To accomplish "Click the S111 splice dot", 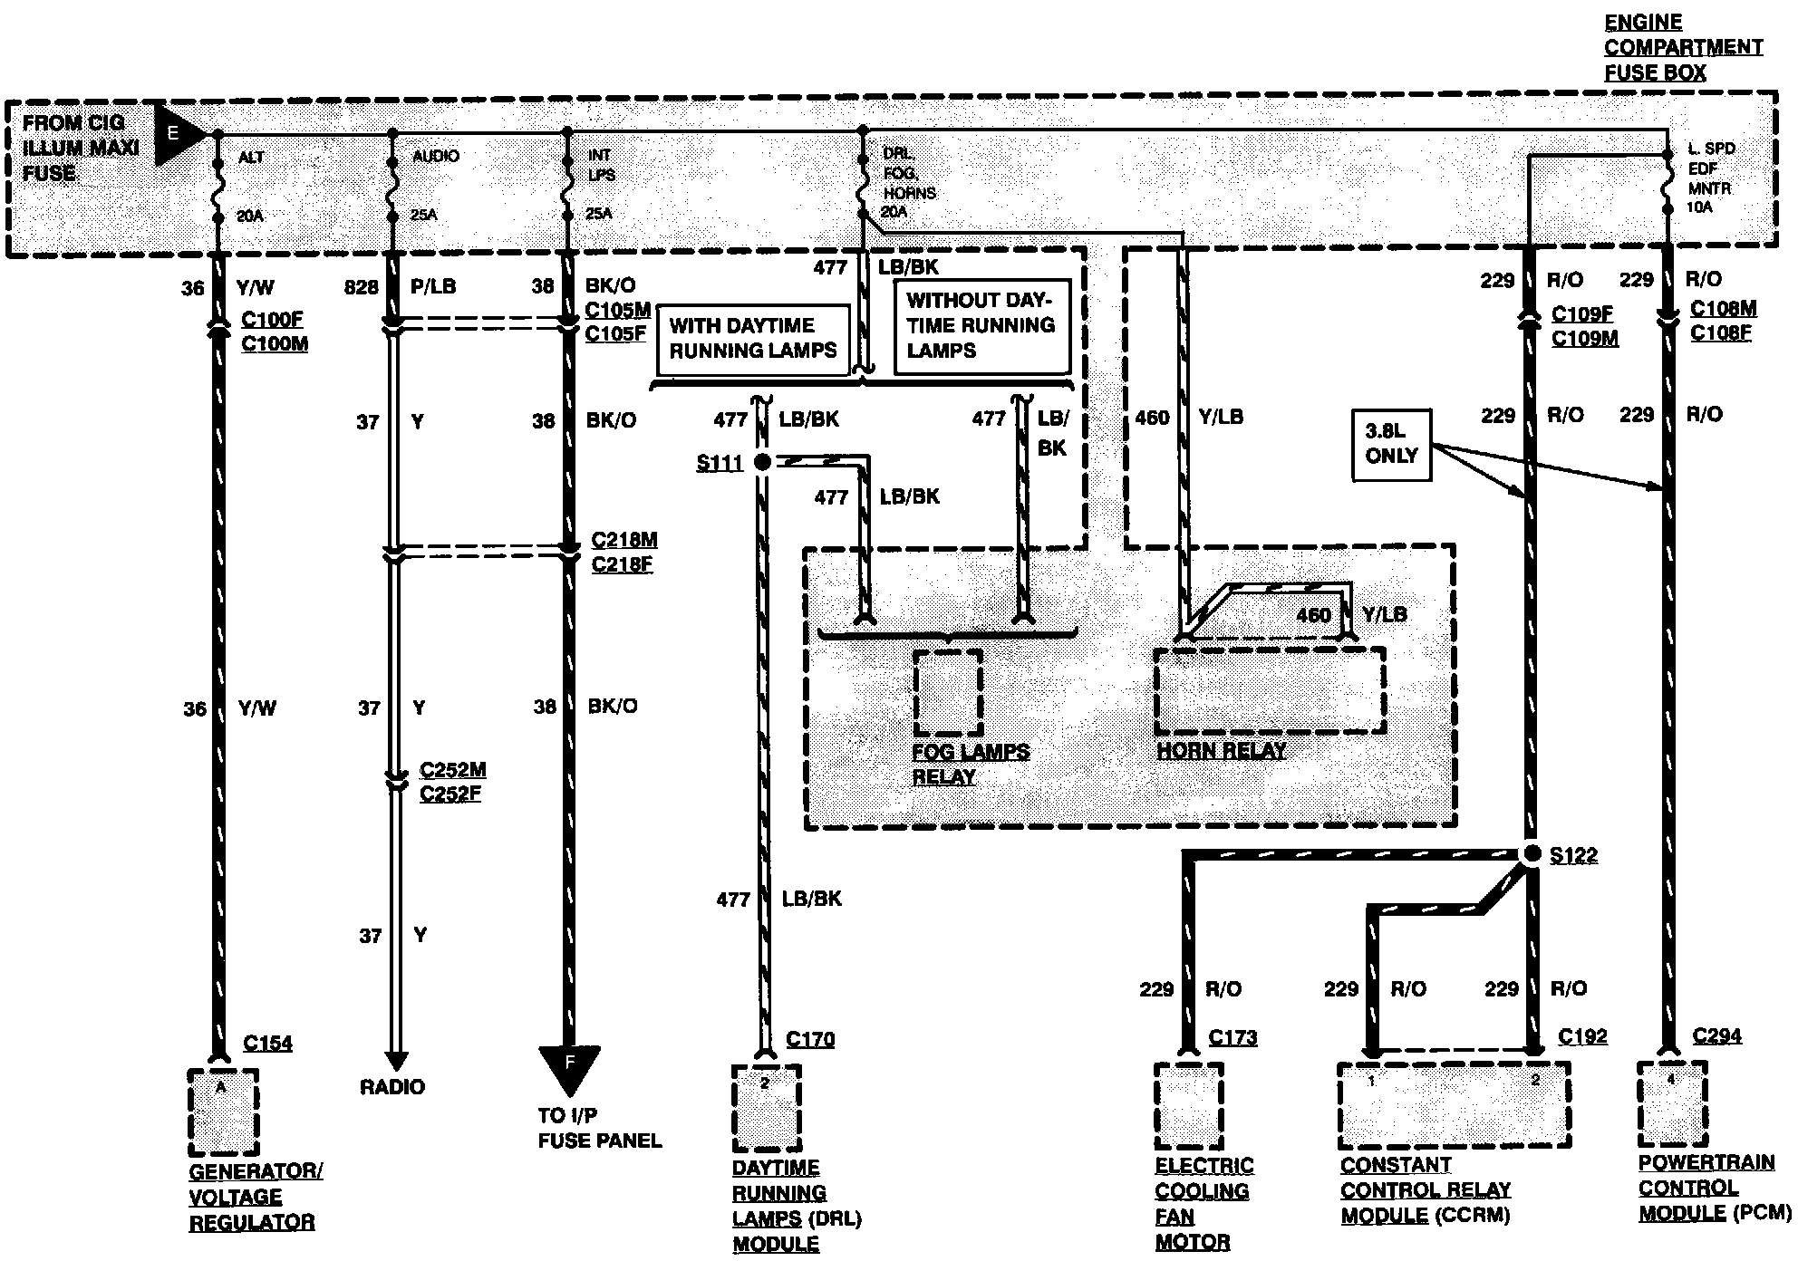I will click(x=762, y=462).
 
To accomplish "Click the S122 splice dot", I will click(x=1532, y=853).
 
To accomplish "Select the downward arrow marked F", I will click(x=569, y=1065).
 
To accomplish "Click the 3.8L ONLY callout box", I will click(x=1391, y=444).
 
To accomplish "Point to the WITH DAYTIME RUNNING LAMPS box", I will click(x=752, y=339).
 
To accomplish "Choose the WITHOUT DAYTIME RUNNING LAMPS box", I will click(x=981, y=325).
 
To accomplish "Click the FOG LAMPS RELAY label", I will click(x=970, y=764).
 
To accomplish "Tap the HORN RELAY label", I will click(x=1221, y=750).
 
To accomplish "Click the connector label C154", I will click(x=267, y=1043).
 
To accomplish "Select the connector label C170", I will click(x=810, y=1039).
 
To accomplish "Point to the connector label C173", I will click(x=1232, y=1037).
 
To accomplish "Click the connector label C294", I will click(x=1716, y=1035).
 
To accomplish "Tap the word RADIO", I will click(x=391, y=1086).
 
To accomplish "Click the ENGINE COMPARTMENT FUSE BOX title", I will click(x=1683, y=47).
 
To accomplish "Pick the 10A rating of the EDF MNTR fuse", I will click(x=1699, y=207).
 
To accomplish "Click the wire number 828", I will click(x=361, y=287).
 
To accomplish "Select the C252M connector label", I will click(x=452, y=770).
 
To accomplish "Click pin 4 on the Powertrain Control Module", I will click(x=1671, y=1079).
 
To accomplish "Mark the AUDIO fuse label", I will click(x=436, y=156).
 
